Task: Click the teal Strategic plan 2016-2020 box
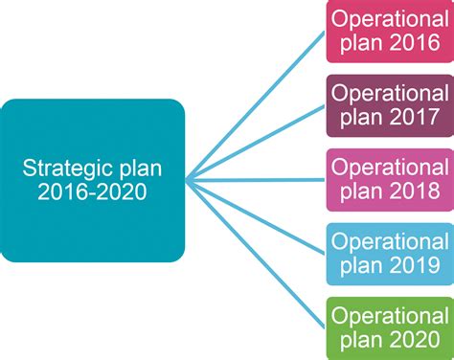click(x=93, y=180)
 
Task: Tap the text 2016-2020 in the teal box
click(x=93, y=192)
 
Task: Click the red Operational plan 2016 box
click(x=388, y=32)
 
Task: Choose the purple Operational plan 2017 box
click(x=388, y=105)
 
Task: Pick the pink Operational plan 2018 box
click(x=388, y=179)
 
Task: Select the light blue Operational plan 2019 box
click(x=388, y=254)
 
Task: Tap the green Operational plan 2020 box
click(x=388, y=327)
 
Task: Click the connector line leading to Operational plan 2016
click(x=255, y=104)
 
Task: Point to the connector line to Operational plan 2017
click(x=255, y=142)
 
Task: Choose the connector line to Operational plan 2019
click(x=255, y=217)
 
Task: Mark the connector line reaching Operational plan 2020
click(x=255, y=254)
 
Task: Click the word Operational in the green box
click(x=388, y=315)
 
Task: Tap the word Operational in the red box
click(x=388, y=19)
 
